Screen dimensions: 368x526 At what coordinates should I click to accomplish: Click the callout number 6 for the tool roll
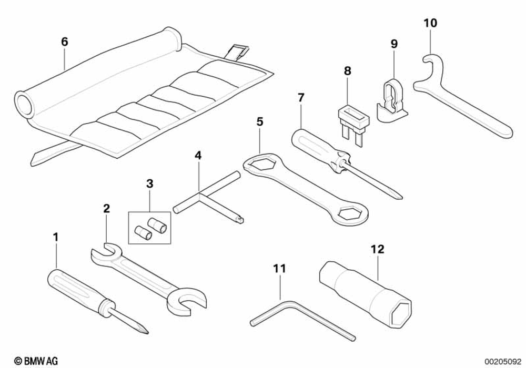(64, 42)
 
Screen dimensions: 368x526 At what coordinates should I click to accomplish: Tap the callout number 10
(430, 23)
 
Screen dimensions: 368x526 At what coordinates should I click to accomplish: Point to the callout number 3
(149, 183)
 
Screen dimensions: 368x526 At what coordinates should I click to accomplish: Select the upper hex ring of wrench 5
(259, 165)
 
